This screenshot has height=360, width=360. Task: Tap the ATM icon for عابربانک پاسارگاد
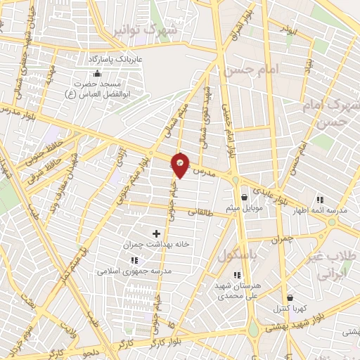97,73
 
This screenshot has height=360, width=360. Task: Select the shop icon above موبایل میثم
244,197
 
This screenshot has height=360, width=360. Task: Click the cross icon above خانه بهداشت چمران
156,233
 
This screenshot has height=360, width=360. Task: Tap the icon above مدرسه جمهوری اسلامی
134,260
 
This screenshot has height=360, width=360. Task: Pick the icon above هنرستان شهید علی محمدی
237,275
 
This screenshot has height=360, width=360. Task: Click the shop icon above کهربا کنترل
290,297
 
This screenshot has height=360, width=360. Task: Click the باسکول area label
237,254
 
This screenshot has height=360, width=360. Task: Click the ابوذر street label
287,30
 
